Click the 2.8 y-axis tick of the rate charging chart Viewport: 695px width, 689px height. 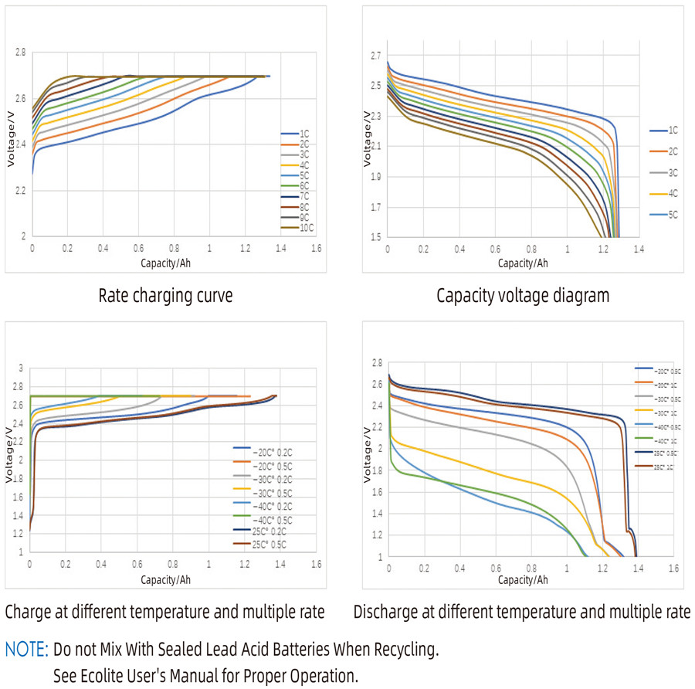pos(19,53)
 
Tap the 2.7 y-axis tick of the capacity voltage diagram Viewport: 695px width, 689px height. pos(376,56)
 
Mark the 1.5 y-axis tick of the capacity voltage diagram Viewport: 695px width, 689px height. pos(376,237)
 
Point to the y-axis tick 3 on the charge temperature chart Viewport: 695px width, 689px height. pos(22,368)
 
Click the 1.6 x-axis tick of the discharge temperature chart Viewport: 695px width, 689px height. pos(673,568)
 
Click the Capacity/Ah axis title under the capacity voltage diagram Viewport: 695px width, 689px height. pos(522,263)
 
